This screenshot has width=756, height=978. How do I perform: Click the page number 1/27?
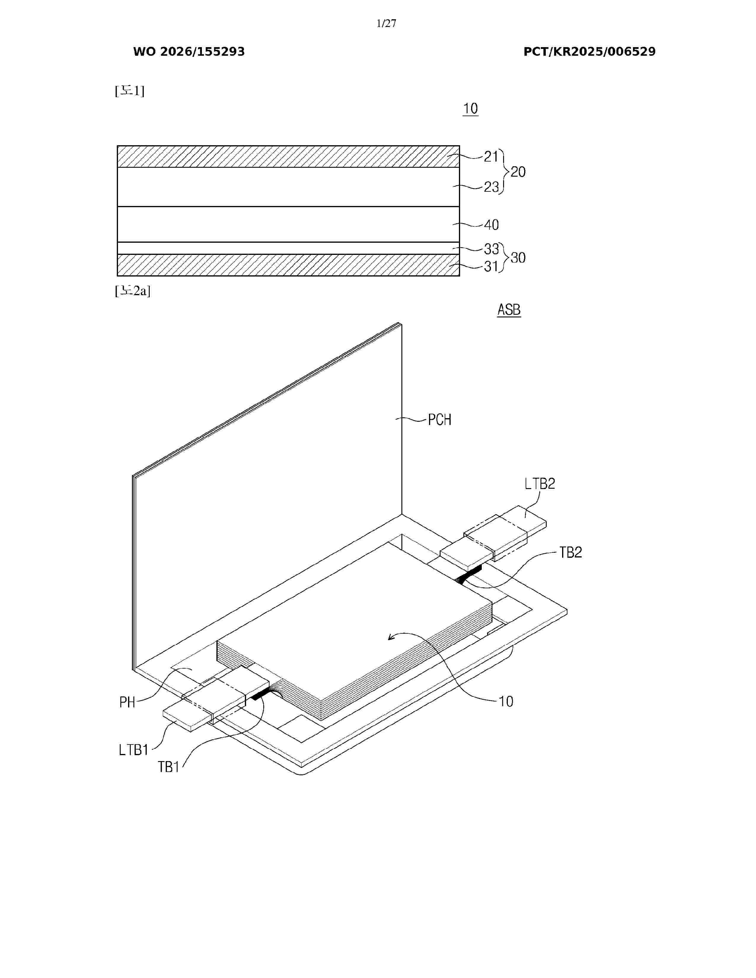pyautogui.click(x=386, y=23)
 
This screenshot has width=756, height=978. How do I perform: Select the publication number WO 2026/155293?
pyautogui.click(x=189, y=52)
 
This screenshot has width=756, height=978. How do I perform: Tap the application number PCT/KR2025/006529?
pyautogui.click(x=589, y=52)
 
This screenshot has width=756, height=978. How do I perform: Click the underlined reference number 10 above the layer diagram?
pyautogui.click(x=470, y=108)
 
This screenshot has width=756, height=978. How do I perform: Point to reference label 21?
pyautogui.click(x=491, y=156)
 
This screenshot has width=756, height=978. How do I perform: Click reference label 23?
pyautogui.click(x=491, y=187)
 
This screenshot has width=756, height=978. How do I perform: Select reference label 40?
pyautogui.click(x=491, y=225)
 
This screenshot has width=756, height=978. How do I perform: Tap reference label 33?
pyautogui.click(x=491, y=249)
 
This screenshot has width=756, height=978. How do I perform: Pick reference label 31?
pyautogui.click(x=491, y=267)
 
